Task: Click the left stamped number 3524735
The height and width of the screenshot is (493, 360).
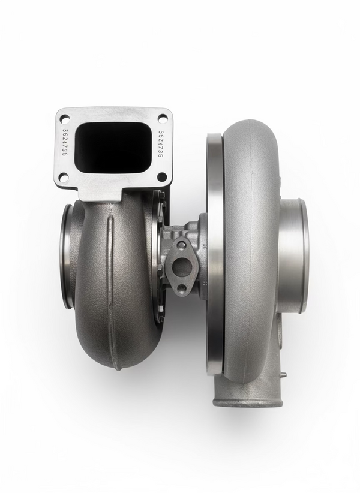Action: (x=65, y=142)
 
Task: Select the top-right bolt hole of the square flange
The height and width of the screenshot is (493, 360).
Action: (x=161, y=117)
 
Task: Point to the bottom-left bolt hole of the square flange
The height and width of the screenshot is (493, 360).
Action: (x=64, y=177)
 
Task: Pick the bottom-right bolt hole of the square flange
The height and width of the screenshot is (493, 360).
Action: (x=161, y=177)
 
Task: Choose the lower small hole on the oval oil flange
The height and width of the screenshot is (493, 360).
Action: (x=181, y=288)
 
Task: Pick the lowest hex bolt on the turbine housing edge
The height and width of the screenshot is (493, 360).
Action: (x=161, y=309)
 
